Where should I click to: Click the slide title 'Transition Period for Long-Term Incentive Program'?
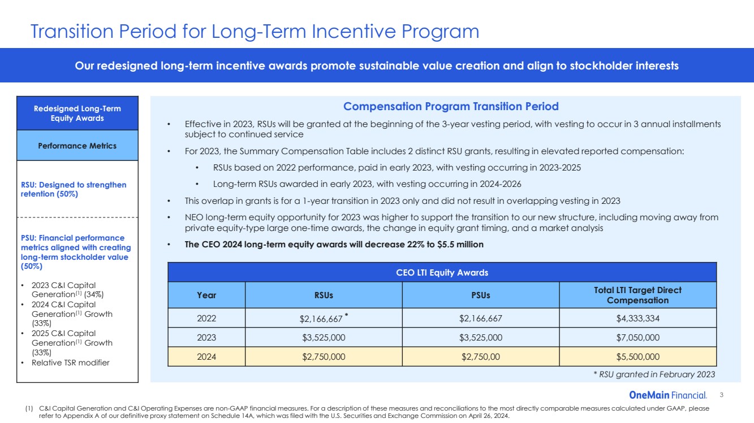point(255,32)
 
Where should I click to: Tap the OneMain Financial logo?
point(667,395)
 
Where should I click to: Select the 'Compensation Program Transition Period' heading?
point(451,106)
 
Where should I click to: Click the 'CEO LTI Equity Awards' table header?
point(442,273)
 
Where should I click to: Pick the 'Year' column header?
point(206,295)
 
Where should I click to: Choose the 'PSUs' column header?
point(480,295)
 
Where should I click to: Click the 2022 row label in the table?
point(206,319)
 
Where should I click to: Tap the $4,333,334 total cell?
point(637,319)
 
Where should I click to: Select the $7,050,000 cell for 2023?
point(637,338)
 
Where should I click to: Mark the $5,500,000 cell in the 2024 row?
point(637,357)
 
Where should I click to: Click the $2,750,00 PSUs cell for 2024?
point(480,357)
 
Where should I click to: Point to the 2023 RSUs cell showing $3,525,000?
point(324,338)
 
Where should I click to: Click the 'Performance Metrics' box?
point(77,146)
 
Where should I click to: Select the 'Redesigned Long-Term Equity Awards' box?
point(77,114)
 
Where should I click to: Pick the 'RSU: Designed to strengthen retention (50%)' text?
point(74,189)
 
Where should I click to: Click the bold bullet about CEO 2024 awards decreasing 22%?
point(334,245)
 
